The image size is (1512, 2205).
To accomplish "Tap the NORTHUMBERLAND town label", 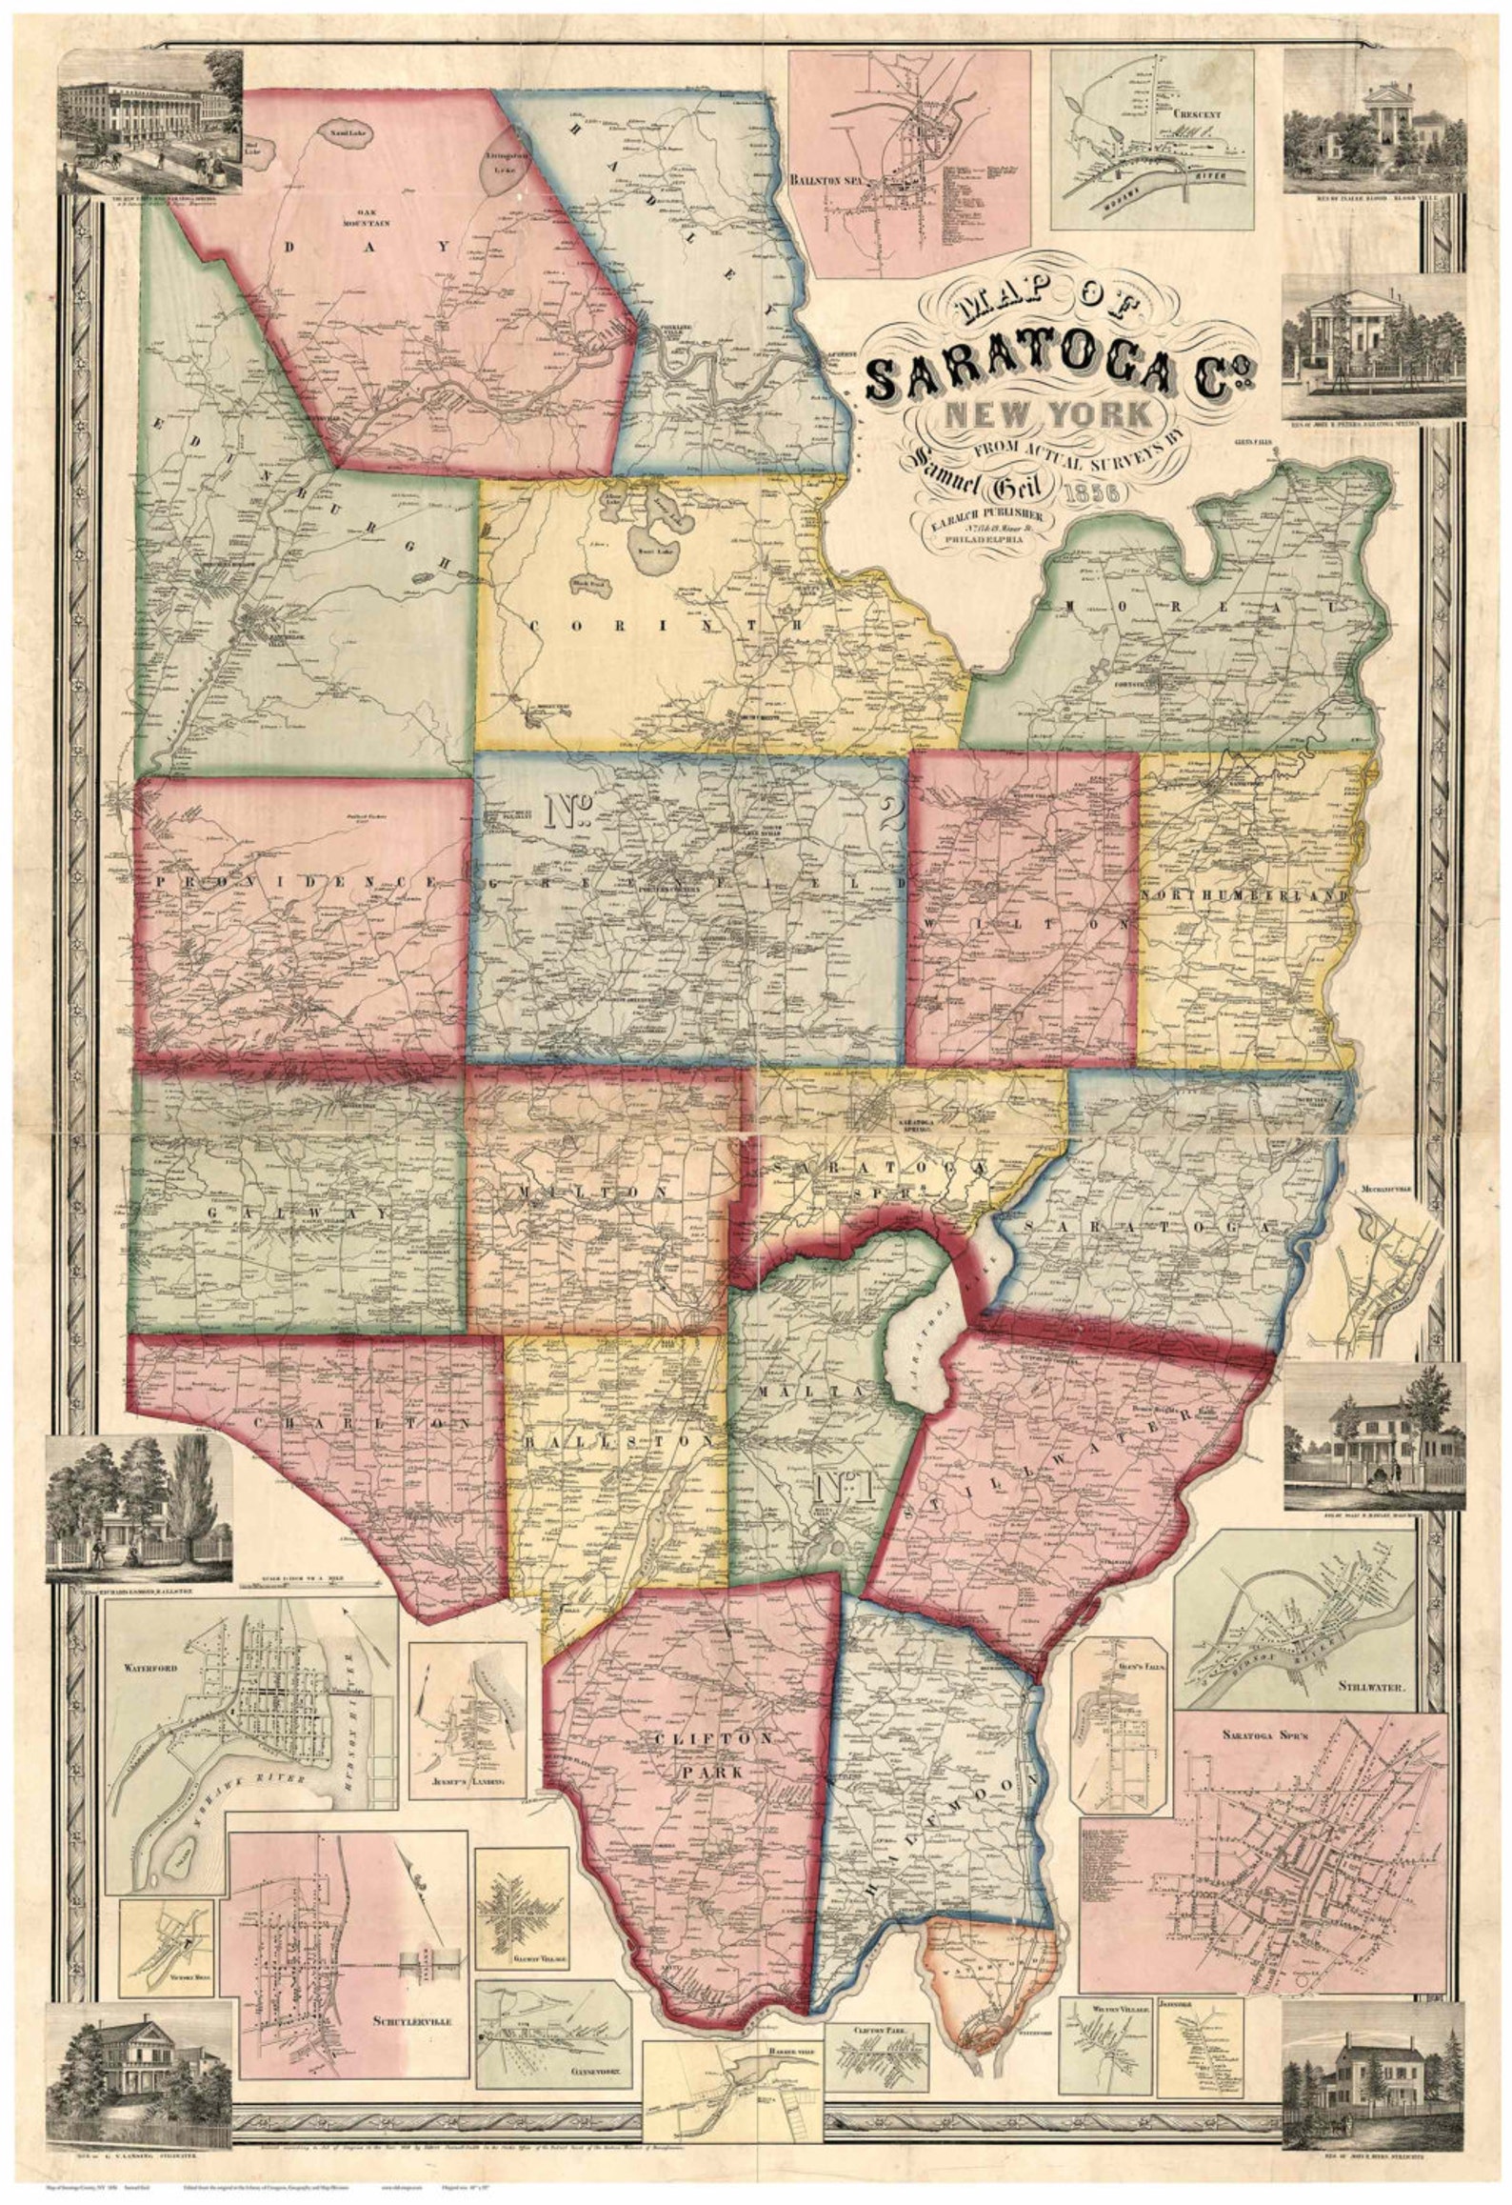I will click(1247, 896).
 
